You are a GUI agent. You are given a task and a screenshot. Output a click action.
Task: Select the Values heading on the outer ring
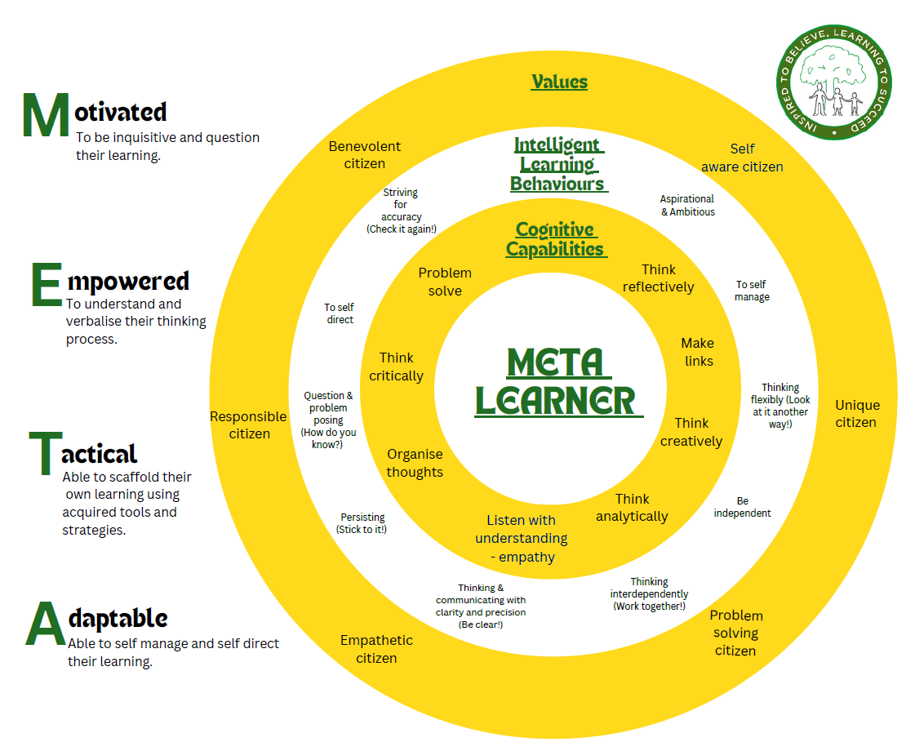[559, 82]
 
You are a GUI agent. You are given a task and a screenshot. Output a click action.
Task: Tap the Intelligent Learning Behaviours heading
[558, 165]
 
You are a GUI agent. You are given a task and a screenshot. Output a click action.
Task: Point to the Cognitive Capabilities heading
[555, 239]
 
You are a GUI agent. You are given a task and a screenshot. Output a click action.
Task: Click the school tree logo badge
[833, 82]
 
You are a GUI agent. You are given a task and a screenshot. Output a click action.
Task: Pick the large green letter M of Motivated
[46, 116]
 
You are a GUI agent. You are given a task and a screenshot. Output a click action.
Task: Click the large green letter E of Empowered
[46, 286]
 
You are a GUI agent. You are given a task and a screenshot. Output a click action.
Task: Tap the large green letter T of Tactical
[43, 454]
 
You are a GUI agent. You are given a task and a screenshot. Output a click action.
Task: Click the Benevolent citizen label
[365, 155]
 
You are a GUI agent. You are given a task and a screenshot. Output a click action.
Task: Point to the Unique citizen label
[856, 414]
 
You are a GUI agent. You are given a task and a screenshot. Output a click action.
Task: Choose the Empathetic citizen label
[376, 649]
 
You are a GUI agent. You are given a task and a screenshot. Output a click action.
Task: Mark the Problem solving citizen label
[735, 633]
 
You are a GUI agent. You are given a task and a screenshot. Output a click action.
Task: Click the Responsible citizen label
[249, 425]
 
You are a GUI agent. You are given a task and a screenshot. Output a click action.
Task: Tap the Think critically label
[397, 367]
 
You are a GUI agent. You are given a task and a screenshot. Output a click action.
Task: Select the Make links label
[698, 352]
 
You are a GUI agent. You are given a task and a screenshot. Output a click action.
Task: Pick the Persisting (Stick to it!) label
[362, 523]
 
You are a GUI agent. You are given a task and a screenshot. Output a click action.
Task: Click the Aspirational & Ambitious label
[687, 205]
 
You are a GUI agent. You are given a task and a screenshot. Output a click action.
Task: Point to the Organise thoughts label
[415, 463]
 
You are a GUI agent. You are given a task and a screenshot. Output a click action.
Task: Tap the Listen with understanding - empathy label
[521, 539]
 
